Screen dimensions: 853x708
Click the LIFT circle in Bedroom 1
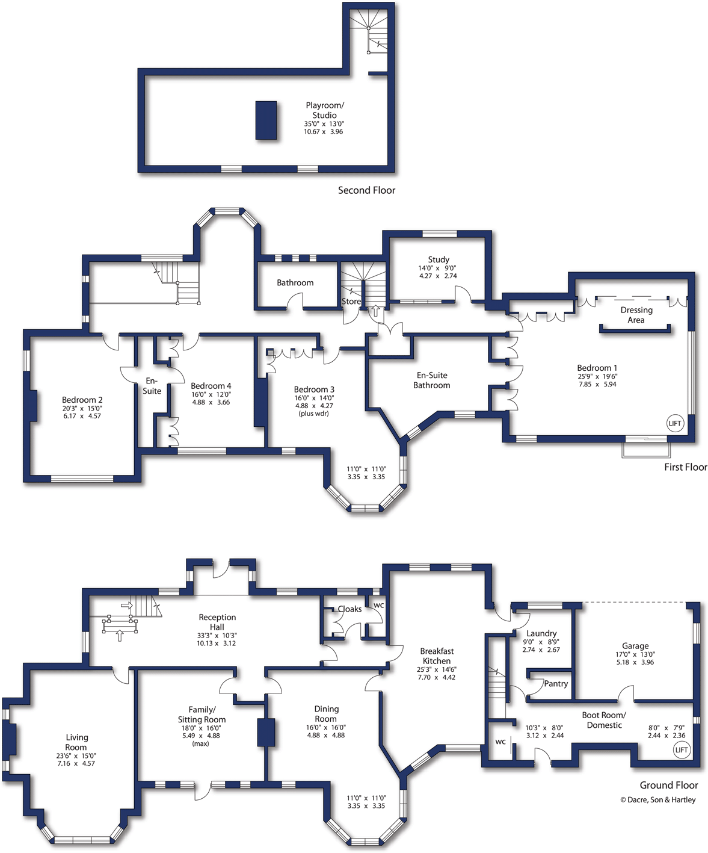[x=675, y=423]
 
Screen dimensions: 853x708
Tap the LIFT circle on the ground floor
[x=681, y=749]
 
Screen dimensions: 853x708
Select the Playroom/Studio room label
[x=325, y=110]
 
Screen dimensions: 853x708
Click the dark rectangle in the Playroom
[x=266, y=120]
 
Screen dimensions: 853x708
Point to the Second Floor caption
[x=366, y=190]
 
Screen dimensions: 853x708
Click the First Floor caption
[x=685, y=467]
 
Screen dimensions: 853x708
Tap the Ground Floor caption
[x=668, y=785]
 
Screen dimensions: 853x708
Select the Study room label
[x=439, y=259]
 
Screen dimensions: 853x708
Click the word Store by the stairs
[x=351, y=301]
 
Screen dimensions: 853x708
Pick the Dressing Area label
[x=636, y=315]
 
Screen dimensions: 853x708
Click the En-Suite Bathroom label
[x=432, y=380]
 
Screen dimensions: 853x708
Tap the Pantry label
[x=556, y=683]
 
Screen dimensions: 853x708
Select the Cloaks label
[x=349, y=609]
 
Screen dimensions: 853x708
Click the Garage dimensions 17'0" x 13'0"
[x=635, y=654]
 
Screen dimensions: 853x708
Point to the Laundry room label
[x=541, y=633]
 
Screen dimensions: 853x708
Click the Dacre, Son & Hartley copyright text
[x=657, y=800]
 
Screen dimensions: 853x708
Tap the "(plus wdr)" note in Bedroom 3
[x=314, y=414]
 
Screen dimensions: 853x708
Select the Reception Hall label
[x=217, y=622]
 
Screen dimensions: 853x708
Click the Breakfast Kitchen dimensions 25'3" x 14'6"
[x=437, y=669]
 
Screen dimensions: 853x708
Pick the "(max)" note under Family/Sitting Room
[x=201, y=743]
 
